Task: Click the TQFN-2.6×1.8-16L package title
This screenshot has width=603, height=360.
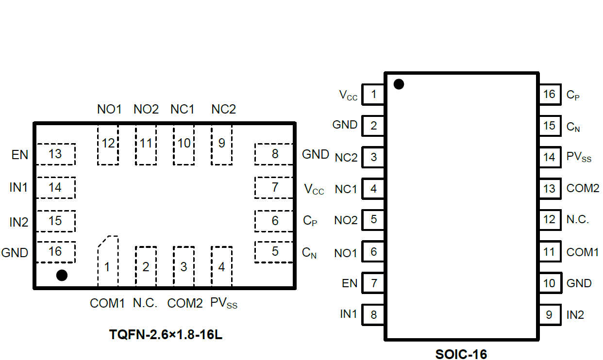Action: (x=166, y=335)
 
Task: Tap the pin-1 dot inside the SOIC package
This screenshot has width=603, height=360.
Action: (x=399, y=84)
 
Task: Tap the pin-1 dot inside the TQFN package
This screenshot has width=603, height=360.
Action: (x=62, y=276)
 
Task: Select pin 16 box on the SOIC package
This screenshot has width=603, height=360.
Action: (x=549, y=94)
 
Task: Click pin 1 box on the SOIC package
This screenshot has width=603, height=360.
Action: (x=373, y=94)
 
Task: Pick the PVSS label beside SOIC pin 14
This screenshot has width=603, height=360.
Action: (x=579, y=157)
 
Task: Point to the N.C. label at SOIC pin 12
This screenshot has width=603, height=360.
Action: (x=578, y=219)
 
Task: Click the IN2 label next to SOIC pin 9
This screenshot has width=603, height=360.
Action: (x=575, y=315)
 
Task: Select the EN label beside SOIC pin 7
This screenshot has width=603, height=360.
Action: (x=350, y=283)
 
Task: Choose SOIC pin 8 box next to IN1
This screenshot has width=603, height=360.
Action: (x=373, y=315)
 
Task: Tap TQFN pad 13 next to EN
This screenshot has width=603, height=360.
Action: (x=56, y=154)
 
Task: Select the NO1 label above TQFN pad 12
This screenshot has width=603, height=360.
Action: (x=109, y=109)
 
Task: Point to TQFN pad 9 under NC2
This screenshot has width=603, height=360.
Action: (x=222, y=144)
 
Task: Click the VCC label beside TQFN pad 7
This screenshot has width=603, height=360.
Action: (x=314, y=189)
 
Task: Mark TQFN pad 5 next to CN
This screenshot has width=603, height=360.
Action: (x=274, y=252)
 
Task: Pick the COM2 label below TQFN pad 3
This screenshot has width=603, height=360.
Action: (x=184, y=304)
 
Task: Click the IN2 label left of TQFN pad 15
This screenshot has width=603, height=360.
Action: (x=19, y=222)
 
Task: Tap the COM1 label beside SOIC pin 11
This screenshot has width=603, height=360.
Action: (x=583, y=252)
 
